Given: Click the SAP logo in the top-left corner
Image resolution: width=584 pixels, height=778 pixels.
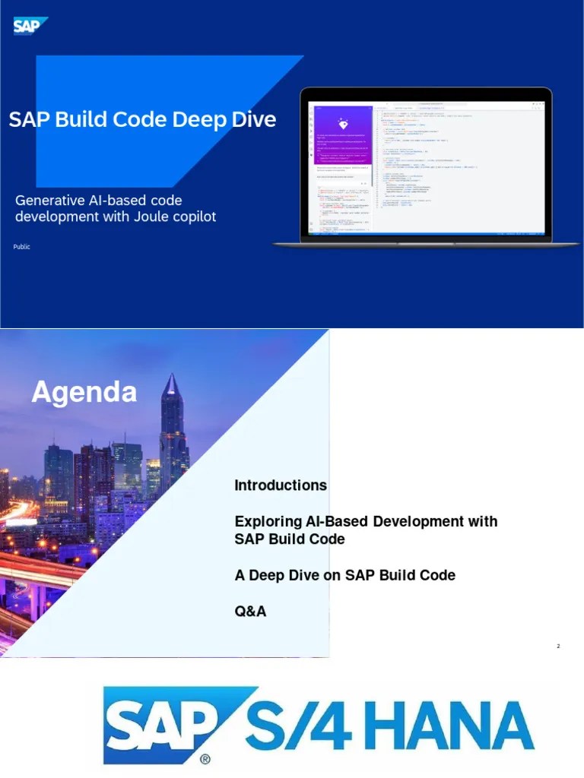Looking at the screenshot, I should coord(30,26).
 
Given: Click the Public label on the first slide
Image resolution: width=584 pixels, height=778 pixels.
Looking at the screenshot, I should coord(22,247).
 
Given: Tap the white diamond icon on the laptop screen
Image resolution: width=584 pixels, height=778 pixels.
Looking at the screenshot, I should coord(343,125).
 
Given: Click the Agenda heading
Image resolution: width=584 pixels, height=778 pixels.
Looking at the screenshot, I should coord(84,392).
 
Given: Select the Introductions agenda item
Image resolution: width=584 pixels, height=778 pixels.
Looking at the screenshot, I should coord(281,485).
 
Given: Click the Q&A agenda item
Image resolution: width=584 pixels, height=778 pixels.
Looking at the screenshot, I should coord(250,611).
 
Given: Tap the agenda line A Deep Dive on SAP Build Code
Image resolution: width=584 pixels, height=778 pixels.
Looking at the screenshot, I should coord(344,575).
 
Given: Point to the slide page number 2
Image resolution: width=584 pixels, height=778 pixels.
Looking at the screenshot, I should coord(558,647).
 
